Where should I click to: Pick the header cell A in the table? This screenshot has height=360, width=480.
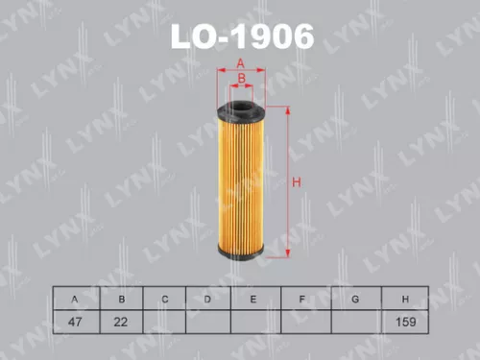(x=74, y=300)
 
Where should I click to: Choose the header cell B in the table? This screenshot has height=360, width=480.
(x=121, y=300)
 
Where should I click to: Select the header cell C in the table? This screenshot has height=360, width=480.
(x=164, y=300)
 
